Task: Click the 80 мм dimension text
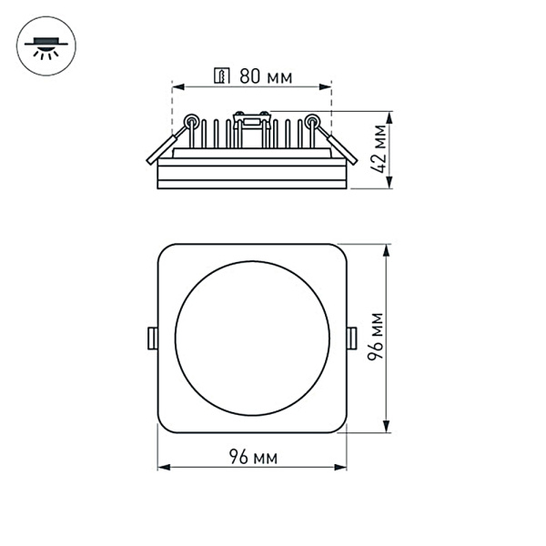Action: pyautogui.click(x=266, y=76)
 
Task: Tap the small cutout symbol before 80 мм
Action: pyautogui.click(x=220, y=76)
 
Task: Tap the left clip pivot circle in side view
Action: pyautogui.click(x=191, y=120)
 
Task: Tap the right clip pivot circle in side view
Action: pyautogui.click(x=313, y=120)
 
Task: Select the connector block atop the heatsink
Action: pyautogui.click(x=252, y=116)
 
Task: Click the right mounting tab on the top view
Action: pyautogui.click(x=351, y=338)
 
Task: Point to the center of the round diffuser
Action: pyautogui.click(x=252, y=338)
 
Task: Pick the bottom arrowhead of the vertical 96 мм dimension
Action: pyautogui.click(x=390, y=429)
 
